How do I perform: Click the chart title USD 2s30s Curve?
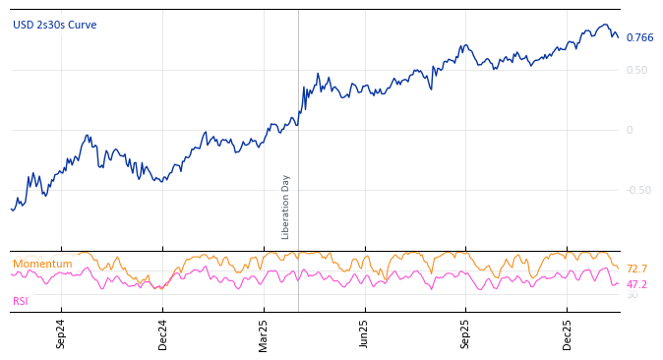point(55,26)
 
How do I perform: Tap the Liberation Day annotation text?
point(286,207)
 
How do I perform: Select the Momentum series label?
point(42,265)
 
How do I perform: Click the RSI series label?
point(21,302)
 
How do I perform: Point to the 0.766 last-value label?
point(639,38)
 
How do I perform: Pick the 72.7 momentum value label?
point(636,270)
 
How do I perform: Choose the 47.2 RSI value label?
point(636,285)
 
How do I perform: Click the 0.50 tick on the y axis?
point(636,71)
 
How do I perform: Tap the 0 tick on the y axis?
point(630,131)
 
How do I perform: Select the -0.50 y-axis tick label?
point(638,191)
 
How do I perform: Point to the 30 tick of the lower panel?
point(632,295)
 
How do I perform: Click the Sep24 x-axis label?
point(61,333)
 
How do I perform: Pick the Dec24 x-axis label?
point(163,333)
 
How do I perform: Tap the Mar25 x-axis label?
point(264,333)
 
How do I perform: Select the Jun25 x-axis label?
point(364,333)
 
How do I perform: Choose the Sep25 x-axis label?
point(465,333)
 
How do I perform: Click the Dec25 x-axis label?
point(567,333)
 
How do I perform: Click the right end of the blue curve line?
point(618,37)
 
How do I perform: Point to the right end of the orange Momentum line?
point(618,268)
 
